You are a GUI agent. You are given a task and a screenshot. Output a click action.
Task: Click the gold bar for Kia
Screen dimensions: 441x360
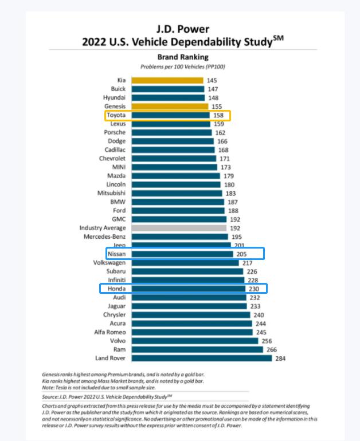(167, 81)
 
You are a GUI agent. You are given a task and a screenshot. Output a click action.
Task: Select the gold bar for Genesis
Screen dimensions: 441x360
(169, 107)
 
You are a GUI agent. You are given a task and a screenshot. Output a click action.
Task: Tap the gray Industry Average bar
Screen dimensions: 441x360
(179, 228)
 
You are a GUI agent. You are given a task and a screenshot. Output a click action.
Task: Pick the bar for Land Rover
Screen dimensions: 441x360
(201, 358)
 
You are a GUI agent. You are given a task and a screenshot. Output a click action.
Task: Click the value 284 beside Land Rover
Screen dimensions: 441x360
(280, 359)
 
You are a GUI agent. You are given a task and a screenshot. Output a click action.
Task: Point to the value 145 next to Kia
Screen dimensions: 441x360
(212, 81)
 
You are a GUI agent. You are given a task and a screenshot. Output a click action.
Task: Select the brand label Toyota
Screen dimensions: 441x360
(116, 115)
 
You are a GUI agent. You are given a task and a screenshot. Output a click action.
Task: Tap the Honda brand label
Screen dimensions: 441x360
(116, 289)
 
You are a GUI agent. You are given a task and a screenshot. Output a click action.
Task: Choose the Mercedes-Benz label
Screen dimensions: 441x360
(105, 237)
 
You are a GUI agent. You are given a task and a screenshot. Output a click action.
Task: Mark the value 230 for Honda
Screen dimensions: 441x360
(255, 289)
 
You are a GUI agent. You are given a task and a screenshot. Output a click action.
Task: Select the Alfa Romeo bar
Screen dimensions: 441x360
(192, 332)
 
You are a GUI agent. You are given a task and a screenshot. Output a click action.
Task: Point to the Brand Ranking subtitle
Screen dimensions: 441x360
(183, 57)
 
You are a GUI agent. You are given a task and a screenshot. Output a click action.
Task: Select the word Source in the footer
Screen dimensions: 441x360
(51, 396)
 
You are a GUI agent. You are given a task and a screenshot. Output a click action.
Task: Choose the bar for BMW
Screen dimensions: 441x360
(178, 202)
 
